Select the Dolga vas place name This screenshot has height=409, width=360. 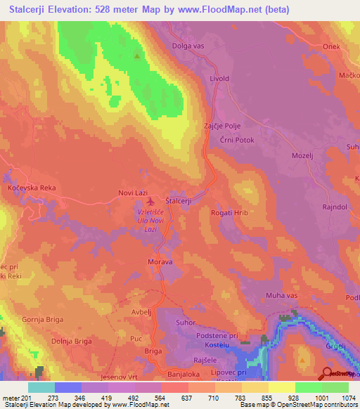coord(190,47)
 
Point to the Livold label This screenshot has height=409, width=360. coord(219,79)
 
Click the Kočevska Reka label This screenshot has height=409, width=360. coord(30,188)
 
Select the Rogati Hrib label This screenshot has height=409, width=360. coord(230,213)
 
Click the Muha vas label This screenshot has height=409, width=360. coord(281,296)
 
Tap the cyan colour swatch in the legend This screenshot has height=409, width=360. coord(41,387)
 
